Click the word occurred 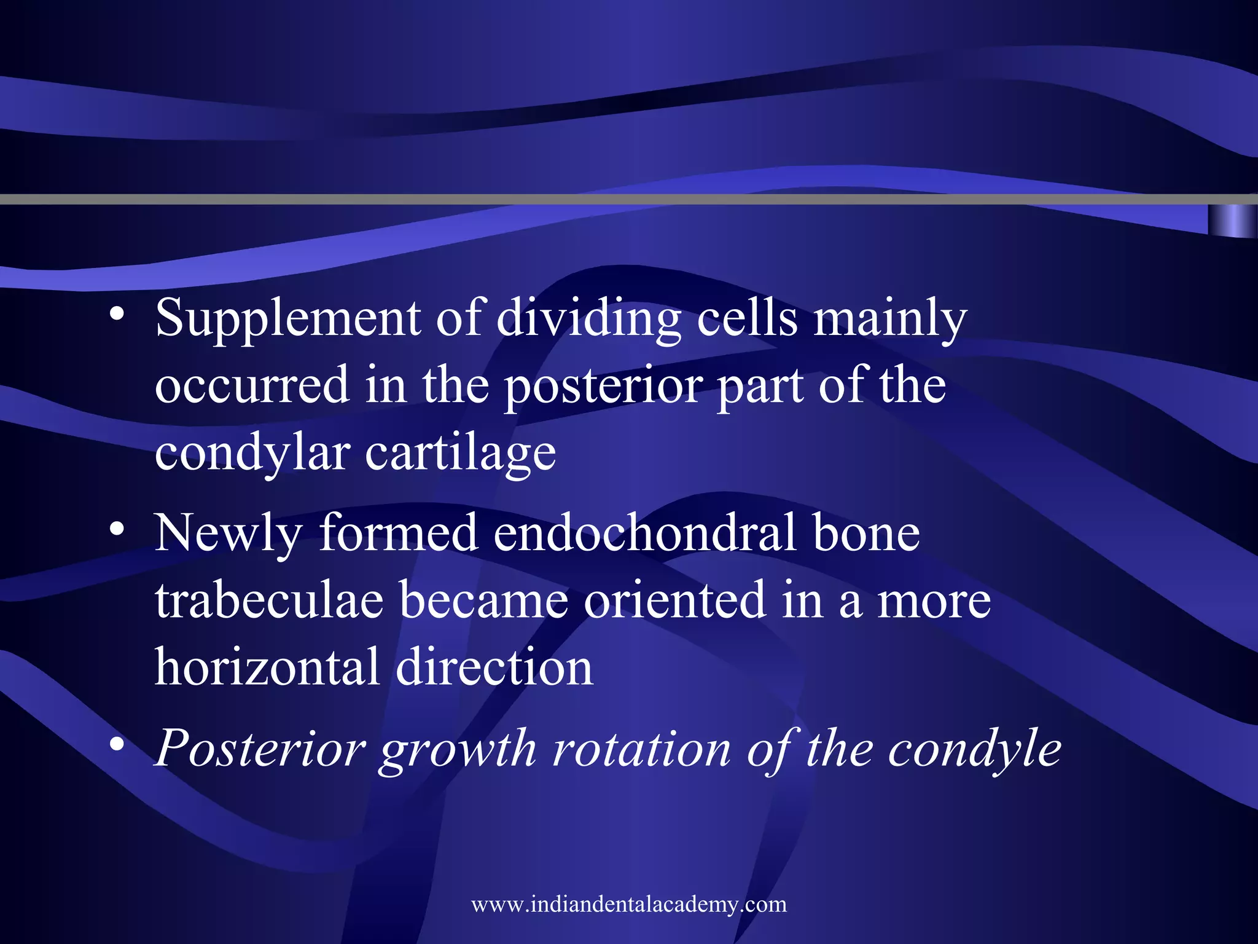click(x=252, y=385)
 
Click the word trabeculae click(x=269, y=600)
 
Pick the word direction click(x=494, y=667)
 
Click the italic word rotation click(x=641, y=749)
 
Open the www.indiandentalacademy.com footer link click(x=629, y=904)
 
